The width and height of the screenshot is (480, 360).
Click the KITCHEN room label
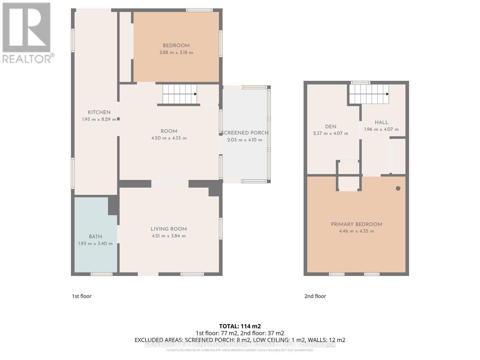99,112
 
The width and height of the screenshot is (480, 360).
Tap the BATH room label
95,237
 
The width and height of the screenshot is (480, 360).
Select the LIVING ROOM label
169,229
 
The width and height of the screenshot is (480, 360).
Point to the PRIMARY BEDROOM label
356,224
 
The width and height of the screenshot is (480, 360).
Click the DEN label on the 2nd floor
331,127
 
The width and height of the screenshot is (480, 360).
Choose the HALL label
381,122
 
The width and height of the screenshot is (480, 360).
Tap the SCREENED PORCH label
244,133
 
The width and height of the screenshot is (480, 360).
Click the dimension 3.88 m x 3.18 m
176,52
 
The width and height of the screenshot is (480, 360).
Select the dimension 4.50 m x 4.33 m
169,138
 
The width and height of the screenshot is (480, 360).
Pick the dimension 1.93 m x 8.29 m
99,119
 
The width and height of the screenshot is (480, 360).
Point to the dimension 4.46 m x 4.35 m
356,231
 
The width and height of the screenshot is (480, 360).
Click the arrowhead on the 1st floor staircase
195,94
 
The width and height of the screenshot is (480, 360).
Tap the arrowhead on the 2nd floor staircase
387,94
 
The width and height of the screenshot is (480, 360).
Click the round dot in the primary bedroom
398,188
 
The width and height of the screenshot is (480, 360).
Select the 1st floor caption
82,296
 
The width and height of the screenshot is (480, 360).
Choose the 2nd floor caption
315,296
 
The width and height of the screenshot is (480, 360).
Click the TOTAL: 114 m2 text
240,326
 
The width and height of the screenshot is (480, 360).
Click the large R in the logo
26,28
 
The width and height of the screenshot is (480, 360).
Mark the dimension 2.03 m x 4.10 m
244,140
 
